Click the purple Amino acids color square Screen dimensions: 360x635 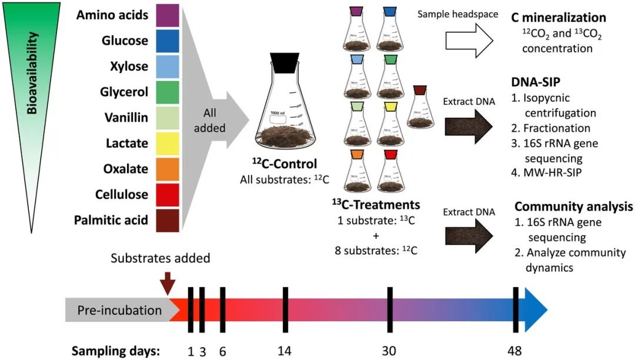166,15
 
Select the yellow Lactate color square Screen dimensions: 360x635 166,143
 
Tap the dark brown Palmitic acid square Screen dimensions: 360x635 166,221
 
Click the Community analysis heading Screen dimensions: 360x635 574,206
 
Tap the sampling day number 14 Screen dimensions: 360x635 285,351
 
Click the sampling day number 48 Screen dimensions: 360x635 515,351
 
